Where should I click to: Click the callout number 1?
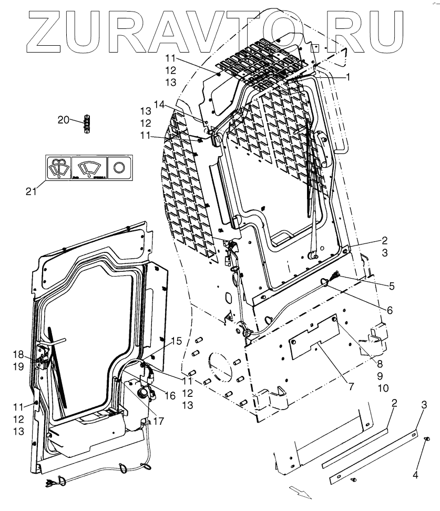click(x=348, y=77)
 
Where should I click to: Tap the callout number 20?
click(x=63, y=120)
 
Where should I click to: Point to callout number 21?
click(x=32, y=191)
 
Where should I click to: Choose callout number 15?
click(x=177, y=341)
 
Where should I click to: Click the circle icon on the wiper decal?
click(x=119, y=167)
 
